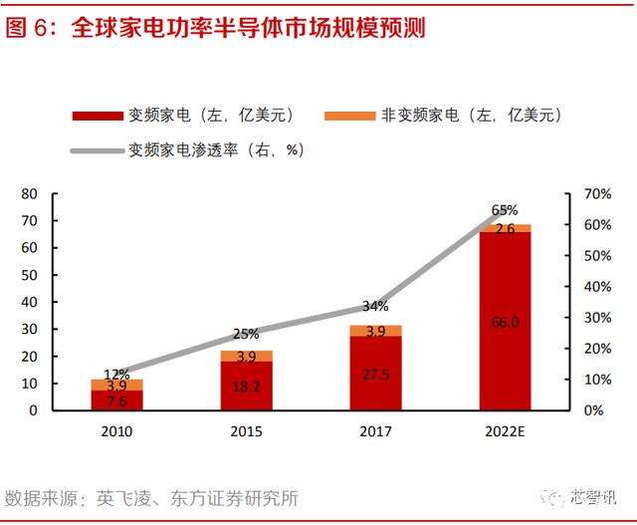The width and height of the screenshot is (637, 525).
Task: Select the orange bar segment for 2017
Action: pos(375,331)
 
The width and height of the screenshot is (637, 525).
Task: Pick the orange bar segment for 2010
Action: pos(116,385)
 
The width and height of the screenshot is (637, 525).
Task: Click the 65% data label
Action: pos(505,210)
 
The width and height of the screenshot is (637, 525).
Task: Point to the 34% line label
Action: pos(375,306)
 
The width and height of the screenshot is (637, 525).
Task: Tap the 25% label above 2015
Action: pos(246,334)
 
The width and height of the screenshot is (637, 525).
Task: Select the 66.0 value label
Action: pos(505,322)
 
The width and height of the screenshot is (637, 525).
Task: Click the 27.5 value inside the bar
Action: pos(375,374)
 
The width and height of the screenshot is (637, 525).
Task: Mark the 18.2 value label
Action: pos(246,387)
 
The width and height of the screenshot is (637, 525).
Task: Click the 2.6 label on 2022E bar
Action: pos(505,229)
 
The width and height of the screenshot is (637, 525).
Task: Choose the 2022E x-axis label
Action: pos(505,432)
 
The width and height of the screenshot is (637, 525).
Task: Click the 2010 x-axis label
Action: pos(116,432)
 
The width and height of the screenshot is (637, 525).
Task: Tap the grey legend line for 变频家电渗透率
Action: pos(98,151)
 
